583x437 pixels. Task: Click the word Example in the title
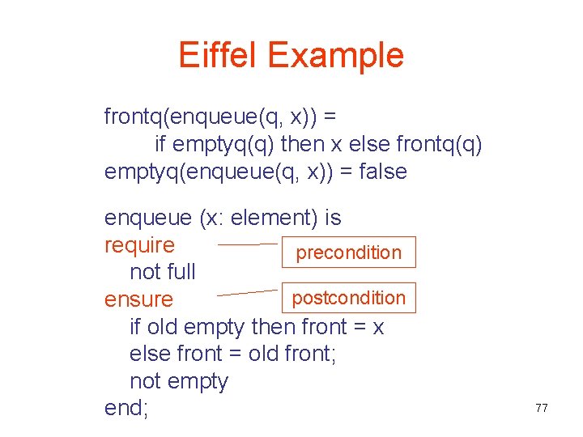335,55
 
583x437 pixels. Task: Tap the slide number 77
542,408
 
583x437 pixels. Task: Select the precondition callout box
348,252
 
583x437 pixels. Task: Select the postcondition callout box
348,298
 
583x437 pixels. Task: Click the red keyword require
139,244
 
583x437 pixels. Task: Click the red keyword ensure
138,299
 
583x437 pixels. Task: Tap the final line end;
126,409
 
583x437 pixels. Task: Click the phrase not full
162,272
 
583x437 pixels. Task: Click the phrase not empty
178,381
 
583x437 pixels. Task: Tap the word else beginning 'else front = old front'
148,354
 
